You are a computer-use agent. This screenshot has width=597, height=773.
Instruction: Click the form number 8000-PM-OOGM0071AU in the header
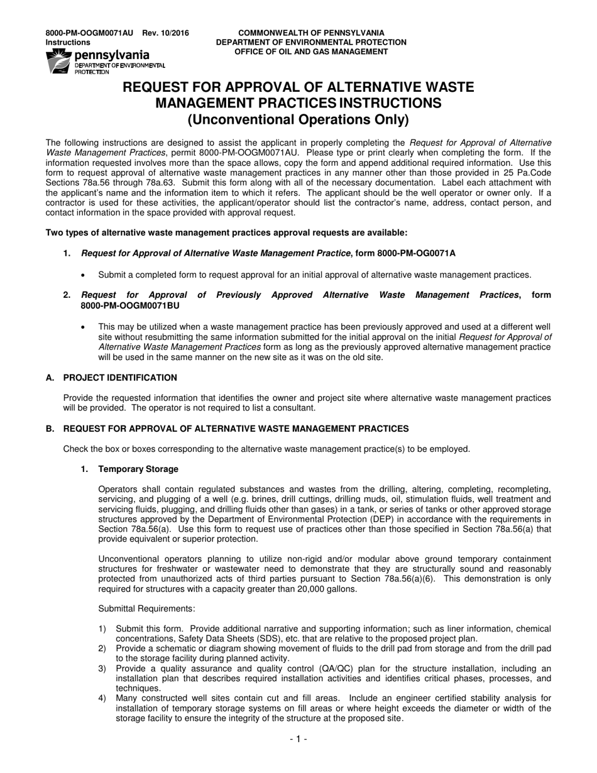[x=89, y=33]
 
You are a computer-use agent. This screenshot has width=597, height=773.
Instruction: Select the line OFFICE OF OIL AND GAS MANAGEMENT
[x=311, y=52]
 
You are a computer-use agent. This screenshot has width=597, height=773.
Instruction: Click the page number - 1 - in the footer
[x=298, y=740]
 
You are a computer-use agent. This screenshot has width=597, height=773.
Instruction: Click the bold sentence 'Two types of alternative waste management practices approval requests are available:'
[x=226, y=233]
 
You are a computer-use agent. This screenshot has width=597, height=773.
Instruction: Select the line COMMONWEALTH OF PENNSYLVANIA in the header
[x=311, y=33]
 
